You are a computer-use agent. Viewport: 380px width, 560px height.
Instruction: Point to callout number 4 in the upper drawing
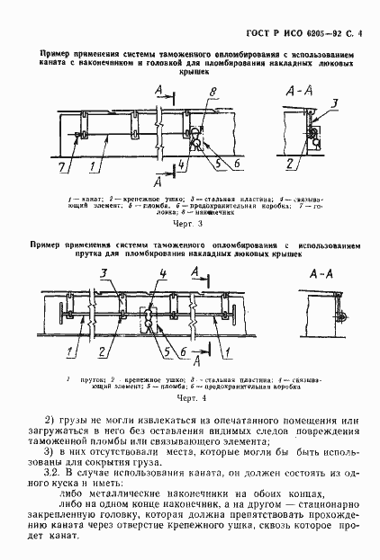tap(183, 164)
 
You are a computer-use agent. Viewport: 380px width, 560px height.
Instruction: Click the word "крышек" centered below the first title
tap(190, 79)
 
